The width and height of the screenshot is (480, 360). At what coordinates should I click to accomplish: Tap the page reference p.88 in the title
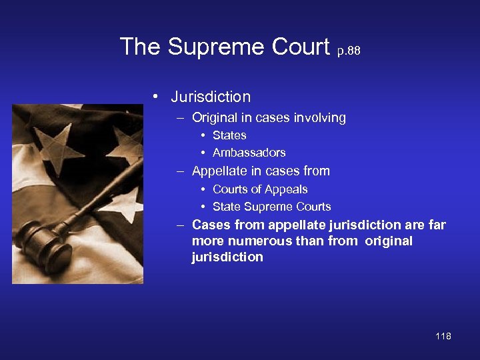pyautogui.click(x=349, y=51)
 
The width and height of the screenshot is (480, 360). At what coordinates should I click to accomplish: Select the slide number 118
pyautogui.click(x=443, y=336)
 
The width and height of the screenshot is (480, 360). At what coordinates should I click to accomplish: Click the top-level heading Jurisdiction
pyautogui.click(x=211, y=97)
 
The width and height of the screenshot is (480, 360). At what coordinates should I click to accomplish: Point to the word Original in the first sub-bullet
pyautogui.click(x=215, y=118)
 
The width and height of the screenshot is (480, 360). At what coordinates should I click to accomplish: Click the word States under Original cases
pyautogui.click(x=229, y=135)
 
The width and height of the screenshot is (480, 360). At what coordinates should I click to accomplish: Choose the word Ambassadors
pyautogui.click(x=249, y=153)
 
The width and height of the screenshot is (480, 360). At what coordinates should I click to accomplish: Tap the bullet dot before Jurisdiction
pyautogui.click(x=155, y=97)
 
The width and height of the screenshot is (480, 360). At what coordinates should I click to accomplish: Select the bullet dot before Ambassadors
pyautogui.click(x=203, y=153)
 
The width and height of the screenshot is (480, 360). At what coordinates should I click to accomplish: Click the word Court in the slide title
pyautogui.click(x=299, y=47)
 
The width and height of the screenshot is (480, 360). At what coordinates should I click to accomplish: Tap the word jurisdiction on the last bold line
pyautogui.click(x=227, y=257)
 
